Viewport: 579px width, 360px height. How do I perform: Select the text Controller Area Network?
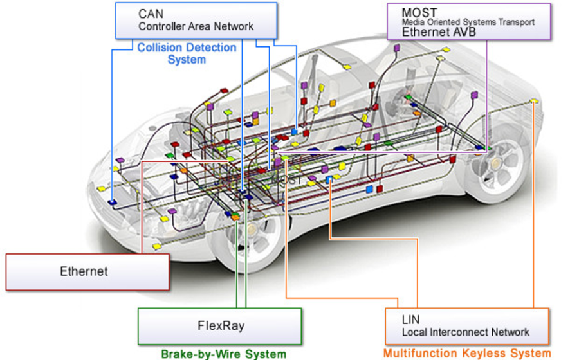(196, 27)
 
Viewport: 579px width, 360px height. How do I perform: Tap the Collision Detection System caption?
(187, 54)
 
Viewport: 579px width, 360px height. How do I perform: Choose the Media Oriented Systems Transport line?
(468, 22)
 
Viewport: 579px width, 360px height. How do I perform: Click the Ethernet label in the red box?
(84, 271)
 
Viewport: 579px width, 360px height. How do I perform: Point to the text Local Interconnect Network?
(465, 332)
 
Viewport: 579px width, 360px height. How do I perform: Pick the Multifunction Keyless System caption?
(467, 353)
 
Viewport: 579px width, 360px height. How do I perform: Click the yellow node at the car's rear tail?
(533, 102)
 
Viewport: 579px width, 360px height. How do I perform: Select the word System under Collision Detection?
(187, 60)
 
